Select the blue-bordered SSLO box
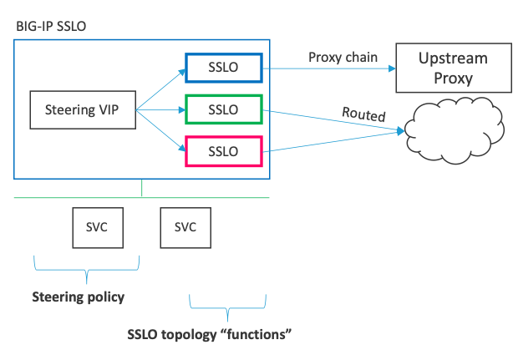point(224,67)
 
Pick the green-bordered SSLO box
point(224,109)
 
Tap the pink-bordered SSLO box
point(224,151)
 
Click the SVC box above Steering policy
point(97,226)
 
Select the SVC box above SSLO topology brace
point(185,226)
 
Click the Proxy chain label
point(343,57)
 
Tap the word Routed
point(363,116)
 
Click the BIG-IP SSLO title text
point(51,26)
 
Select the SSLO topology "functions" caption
point(209,335)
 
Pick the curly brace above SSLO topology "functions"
point(228,306)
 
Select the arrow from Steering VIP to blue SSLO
point(160,88)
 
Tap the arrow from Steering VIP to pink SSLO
point(160,130)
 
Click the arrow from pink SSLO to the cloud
point(334,143)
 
